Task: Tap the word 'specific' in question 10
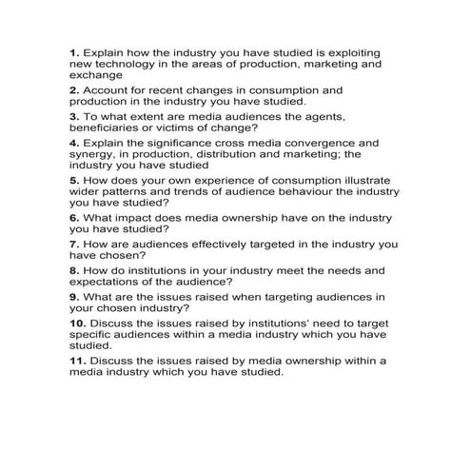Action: click(x=92, y=334)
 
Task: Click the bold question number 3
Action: click(x=74, y=115)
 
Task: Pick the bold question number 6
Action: click(x=74, y=216)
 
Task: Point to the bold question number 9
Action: click(x=74, y=296)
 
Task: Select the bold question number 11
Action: click(x=77, y=361)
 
